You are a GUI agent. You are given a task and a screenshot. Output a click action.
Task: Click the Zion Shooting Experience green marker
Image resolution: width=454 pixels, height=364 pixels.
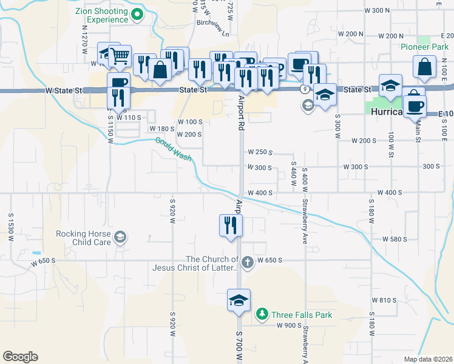pos(137,15)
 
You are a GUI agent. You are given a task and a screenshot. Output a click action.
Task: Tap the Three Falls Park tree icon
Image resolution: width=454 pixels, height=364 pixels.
pos(262,314)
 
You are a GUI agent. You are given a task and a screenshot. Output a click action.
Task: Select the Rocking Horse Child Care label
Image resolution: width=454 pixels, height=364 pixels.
pos(83,238)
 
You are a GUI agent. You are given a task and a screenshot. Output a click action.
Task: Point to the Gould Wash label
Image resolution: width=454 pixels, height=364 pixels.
pos(173,149)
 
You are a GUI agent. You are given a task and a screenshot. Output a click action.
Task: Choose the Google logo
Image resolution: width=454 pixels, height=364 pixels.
pos(20,357)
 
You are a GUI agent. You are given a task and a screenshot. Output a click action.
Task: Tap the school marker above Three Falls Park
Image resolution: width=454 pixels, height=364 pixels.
pos(239,300)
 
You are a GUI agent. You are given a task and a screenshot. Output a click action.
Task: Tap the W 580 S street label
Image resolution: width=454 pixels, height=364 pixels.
pos(395,239)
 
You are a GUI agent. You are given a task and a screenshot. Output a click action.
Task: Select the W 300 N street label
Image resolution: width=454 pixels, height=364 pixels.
pos(376,11)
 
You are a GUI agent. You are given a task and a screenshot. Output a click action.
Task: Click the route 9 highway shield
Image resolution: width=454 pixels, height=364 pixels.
pos(303,89)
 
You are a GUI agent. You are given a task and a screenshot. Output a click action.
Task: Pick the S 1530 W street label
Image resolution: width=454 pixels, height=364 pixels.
pos(11,228)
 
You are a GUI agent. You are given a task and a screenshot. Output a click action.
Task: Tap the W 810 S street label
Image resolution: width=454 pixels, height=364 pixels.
pos(384,300)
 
